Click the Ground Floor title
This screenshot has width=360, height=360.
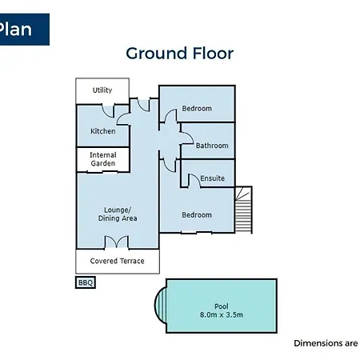point(179,54)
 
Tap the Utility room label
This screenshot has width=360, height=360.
point(102,90)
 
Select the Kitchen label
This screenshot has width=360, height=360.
point(103,131)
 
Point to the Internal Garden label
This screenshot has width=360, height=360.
point(103,159)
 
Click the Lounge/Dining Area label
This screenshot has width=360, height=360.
point(118,214)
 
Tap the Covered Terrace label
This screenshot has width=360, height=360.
point(117,261)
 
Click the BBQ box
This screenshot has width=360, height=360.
point(86,282)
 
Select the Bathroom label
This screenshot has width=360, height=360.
point(212,146)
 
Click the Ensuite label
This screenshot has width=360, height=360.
point(213,178)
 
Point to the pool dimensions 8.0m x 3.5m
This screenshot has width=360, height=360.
point(222,314)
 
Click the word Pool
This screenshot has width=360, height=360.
point(222,306)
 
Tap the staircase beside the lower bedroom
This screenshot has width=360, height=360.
point(243,210)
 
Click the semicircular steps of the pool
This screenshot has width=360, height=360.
point(161,305)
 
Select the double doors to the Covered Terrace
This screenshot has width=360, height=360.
point(117,242)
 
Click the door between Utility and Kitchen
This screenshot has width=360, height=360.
point(108,111)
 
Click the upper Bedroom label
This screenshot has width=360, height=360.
point(197,108)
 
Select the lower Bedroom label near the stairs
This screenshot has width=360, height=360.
point(197,214)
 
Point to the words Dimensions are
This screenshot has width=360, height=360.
point(326,343)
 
